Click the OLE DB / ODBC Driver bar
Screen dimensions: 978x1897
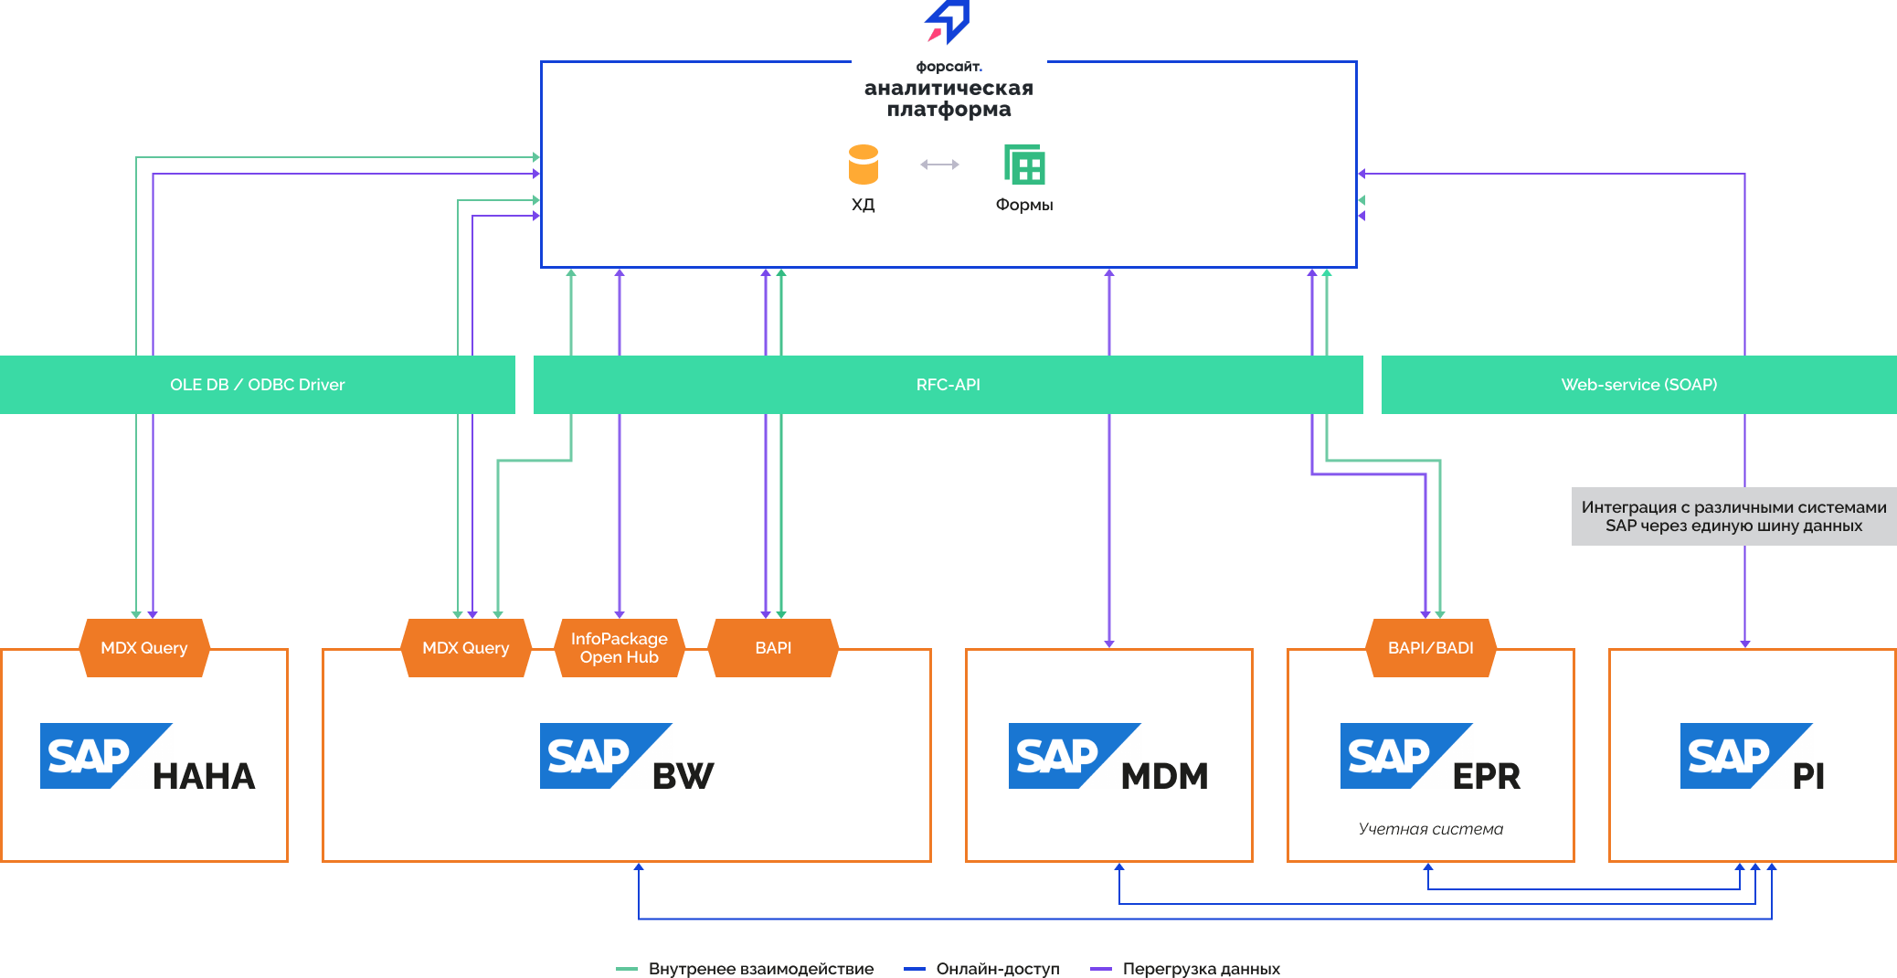click(x=257, y=385)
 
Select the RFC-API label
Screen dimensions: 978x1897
click(x=948, y=385)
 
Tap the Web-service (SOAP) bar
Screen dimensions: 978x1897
click(x=1638, y=385)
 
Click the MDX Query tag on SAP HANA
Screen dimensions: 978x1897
click(x=144, y=648)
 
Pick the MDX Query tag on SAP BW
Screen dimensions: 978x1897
click(x=466, y=648)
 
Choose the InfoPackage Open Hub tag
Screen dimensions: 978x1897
click(x=620, y=648)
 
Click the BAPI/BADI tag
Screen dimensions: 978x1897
click(x=1430, y=648)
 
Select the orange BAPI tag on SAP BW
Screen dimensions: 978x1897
click(x=773, y=648)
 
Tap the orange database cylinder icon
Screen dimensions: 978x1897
click(x=864, y=165)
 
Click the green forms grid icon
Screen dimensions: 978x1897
click(x=1024, y=165)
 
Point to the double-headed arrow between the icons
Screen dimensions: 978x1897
click(x=939, y=165)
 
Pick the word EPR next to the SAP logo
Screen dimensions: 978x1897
click(x=1487, y=776)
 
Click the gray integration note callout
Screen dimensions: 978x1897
click(x=1733, y=516)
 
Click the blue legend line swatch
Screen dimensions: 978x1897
click(x=915, y=969)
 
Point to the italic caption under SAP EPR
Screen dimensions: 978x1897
click(x=1430, y=829)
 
